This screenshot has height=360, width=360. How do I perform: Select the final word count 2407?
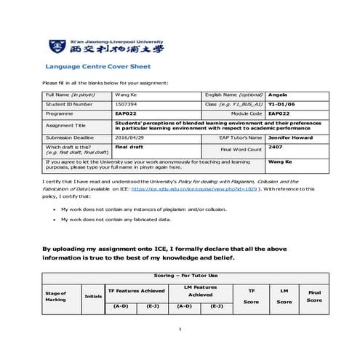coord(275,146)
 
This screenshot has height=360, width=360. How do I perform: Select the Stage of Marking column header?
coord(56,296)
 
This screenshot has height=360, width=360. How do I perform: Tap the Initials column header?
coord(93,296)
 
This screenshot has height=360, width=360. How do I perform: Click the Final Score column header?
coord(314,296)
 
